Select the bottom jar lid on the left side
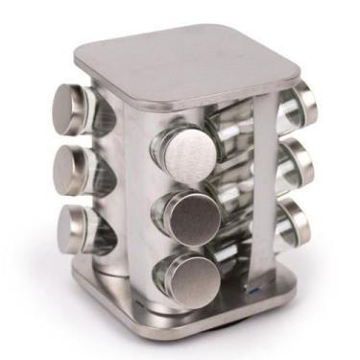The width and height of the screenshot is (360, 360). coord(73,227)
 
